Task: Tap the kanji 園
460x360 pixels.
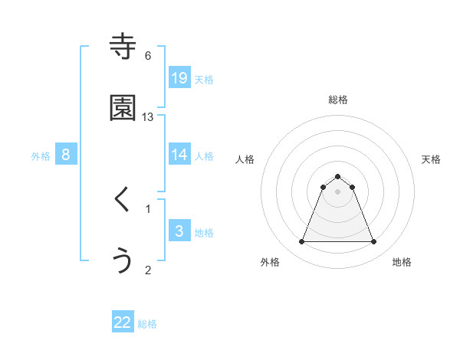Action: point(123,109)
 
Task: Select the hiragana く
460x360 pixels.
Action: point(123,201)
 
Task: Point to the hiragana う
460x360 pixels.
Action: point(123,260)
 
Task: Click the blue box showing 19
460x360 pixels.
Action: point(179,78)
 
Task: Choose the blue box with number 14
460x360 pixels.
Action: point(179,155)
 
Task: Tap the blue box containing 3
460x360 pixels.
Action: point(179,231)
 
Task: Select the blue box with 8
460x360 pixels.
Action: point(66,155)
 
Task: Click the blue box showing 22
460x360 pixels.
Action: point(123,322)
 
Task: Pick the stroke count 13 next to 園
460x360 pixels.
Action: point(148,116)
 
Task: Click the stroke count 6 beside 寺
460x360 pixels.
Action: point(148,56)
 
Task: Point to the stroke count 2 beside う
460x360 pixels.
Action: point(148,269)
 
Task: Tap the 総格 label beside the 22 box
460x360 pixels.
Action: point(147,324)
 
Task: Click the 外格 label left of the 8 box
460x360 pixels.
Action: point(41,156)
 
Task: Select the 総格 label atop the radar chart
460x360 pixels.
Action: point(337,100)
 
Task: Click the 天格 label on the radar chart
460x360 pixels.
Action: point(431,159)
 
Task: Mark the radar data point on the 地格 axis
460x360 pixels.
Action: point(373,242)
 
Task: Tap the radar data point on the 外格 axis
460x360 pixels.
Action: point(301,242)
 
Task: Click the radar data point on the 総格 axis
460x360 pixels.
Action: point(337,176)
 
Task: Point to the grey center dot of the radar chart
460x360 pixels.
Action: point(337,191)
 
